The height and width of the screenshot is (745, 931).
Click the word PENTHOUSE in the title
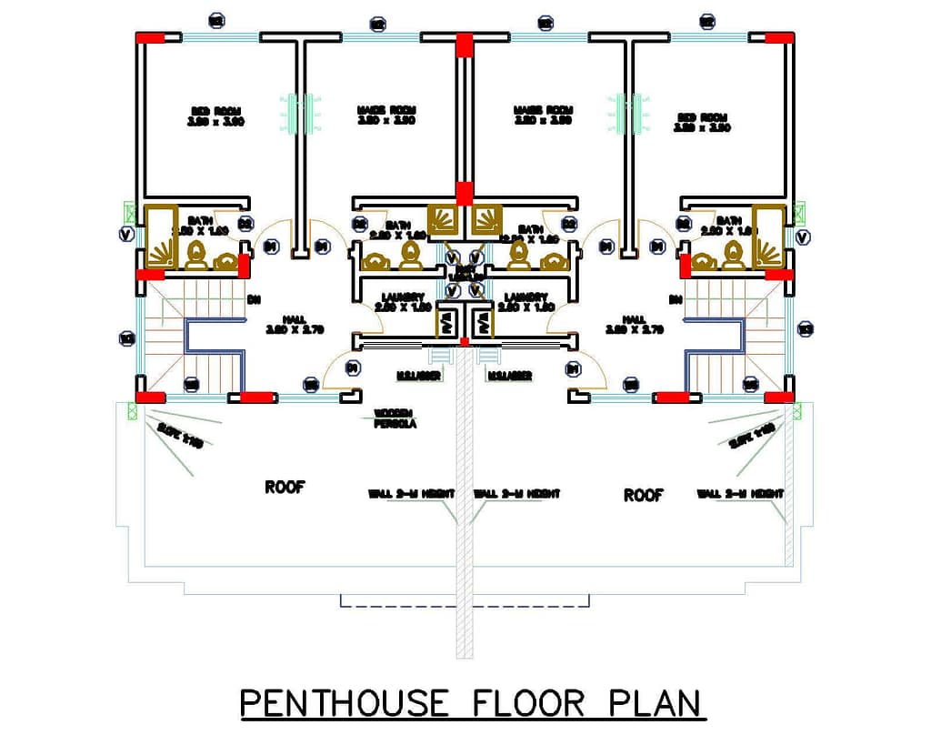pyautogui.click(x=344, y=703)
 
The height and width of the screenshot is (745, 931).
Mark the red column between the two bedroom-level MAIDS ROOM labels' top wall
pyautogui.click(x=465, y=45)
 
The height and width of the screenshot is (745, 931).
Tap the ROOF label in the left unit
pyautogui.click(x=285, y=488)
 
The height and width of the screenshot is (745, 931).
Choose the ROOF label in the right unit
pyautogui.click(x=643, y=495)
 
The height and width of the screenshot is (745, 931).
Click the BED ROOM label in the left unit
pyautogui.click(x=215, y=116)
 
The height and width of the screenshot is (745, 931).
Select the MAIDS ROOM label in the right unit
pyautogui.click(x=543, y=115)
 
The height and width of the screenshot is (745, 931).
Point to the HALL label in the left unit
pyautogui.click(x=293, y=324)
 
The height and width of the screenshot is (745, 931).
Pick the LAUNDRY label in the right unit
pyautogui.click(x=526, y=302)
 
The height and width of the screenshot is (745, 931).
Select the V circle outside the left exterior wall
pyautogui.click(x=126, y=235)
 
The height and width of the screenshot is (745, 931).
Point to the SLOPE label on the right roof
pyautogui.click(x=751, y=437)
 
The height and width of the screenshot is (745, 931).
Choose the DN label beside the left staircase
pyautogui.click(x=254, y=299)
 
